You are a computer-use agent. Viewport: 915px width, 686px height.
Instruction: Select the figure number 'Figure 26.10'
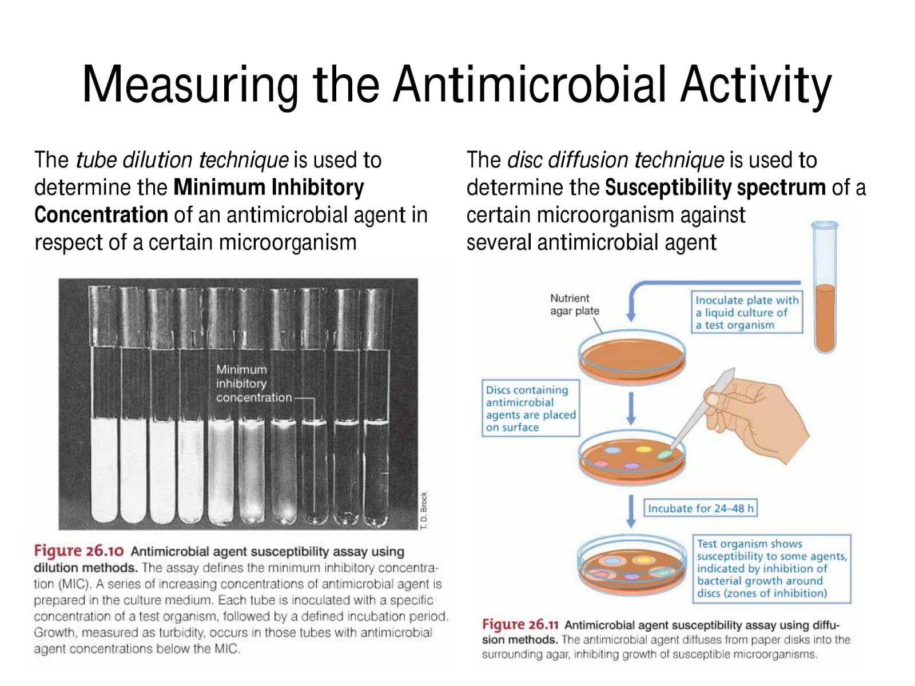pos(79,551)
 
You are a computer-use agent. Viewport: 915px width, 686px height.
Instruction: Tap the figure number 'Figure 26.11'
pos(520,625)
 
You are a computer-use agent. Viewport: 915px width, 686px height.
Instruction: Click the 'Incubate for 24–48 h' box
pos(701,508)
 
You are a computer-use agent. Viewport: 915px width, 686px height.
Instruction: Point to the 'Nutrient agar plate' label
pos(574,305)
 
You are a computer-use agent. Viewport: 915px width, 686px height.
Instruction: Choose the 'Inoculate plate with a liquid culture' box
pos(747,312)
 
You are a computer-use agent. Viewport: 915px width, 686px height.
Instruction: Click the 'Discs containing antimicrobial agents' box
pos(531,408)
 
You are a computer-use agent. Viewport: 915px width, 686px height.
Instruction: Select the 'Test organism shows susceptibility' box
pos(771,569)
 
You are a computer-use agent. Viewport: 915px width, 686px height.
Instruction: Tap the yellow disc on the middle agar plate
pos(643,449)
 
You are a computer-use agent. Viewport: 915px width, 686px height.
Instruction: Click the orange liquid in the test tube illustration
pos(825,318)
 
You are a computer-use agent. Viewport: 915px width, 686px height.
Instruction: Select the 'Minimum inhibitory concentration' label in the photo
pos(254,383)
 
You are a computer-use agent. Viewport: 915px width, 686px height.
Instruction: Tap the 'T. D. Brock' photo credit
pos(424,510)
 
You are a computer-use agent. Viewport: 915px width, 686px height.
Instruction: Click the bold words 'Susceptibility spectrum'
pos(715,188)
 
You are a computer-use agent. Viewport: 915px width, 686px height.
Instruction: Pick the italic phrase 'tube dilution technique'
pos(182,161)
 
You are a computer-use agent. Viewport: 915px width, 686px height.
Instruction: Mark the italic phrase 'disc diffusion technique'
pos(616,161)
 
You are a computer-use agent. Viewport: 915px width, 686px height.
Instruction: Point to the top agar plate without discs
pos(632,357)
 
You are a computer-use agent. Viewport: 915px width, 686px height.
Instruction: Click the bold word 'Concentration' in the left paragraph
pos(101,215)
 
